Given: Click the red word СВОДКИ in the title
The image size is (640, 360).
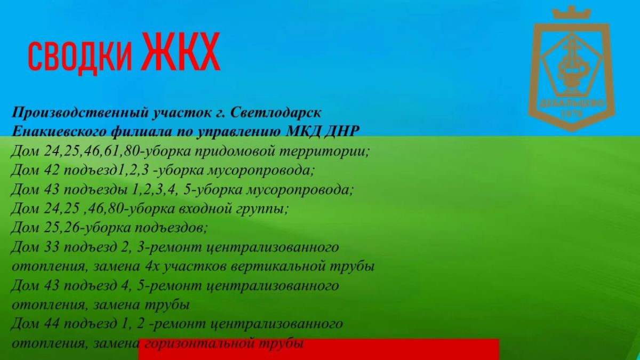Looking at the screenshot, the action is [79, 57].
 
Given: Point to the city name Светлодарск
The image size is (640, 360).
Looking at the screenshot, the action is [275, 113].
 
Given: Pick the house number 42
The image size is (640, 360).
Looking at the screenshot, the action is [52, 170].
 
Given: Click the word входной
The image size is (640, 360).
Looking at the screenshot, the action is [205, 209].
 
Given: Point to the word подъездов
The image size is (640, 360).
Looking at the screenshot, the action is [171, 228].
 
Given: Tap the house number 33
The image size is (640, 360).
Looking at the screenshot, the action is [52, 247].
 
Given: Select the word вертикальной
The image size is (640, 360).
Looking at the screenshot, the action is [278, 267].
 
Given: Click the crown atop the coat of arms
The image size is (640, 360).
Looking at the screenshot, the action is [571, 13].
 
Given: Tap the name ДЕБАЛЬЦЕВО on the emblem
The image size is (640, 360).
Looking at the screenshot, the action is [572, 104].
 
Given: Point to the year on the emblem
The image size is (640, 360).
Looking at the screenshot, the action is [572, 114].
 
